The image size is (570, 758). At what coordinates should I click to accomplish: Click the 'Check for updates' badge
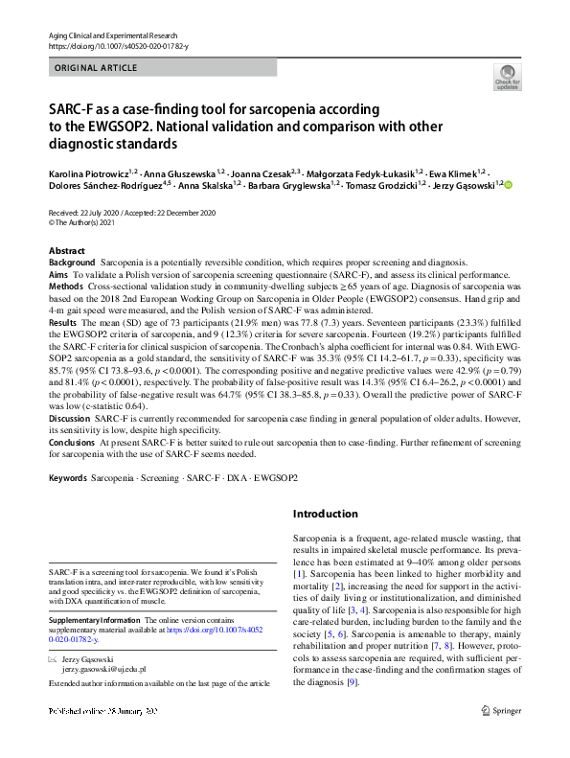[x=505, y=76]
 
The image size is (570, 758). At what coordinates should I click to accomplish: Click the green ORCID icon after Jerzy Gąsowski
[x=510, y=185]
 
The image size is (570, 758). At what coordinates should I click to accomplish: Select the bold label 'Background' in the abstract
[x=72, y=263]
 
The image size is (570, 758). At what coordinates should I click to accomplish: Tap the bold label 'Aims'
[x=58, y=274]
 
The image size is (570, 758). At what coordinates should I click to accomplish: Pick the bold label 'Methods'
[x=66, y=286]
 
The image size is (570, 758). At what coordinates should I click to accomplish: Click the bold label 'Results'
[x=63, y=324]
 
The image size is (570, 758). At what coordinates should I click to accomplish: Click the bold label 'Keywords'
[x=68, y=476]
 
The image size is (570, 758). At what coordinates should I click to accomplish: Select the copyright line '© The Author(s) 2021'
[x=88, y=222]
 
